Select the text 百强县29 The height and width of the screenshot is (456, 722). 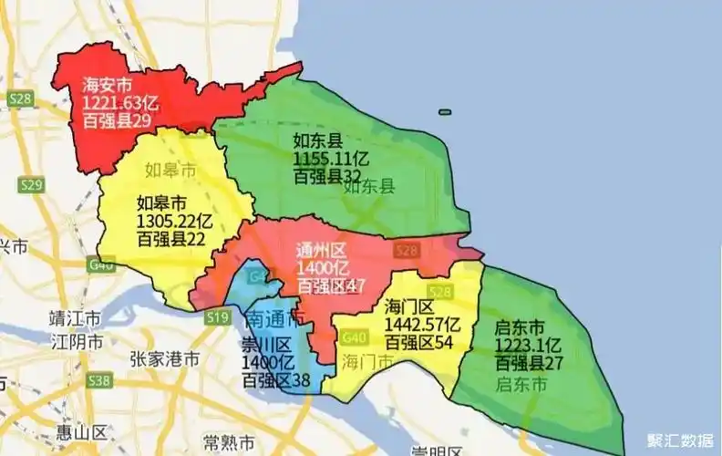(120, 120)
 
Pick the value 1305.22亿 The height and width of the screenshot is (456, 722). (174, 221)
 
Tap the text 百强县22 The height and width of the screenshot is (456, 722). (170, 239)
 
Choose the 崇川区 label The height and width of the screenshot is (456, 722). (266, 346)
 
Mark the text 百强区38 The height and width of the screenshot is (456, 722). (277, 380)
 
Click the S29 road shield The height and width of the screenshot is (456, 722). (32, 185)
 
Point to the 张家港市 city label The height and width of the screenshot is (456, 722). (165, 359)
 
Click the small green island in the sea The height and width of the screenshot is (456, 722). (444, 113)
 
